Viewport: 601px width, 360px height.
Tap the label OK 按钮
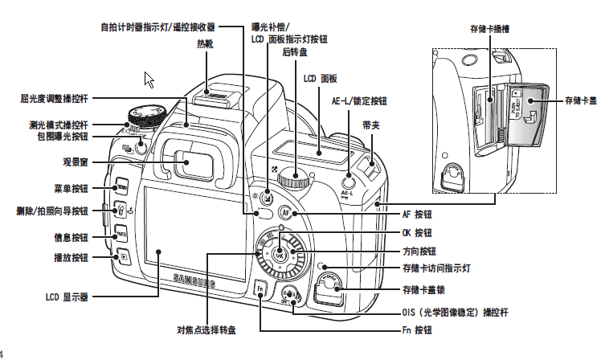417,233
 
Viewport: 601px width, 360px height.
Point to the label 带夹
371,125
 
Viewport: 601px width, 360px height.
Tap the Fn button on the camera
260,289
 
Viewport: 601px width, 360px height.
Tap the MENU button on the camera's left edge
121,188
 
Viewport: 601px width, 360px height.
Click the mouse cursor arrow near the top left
149,80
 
